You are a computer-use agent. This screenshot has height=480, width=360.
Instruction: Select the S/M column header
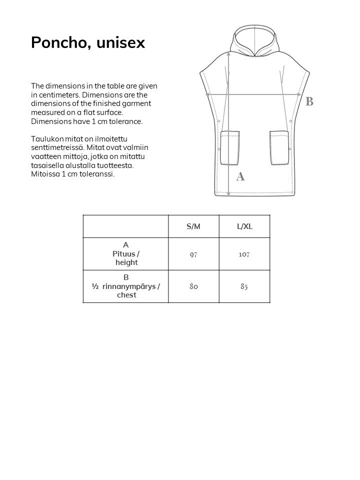click(193, 226)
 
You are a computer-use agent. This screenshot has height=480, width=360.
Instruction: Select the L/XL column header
click(244, 226)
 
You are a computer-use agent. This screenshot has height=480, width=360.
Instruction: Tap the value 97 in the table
click(193, 254)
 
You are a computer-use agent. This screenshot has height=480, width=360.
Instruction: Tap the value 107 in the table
click(244, 254)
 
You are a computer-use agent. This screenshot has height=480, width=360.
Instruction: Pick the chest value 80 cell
click(193, 286)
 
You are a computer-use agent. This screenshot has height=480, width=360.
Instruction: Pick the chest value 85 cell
click(244, 286)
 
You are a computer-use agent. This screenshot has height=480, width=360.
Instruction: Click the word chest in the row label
click(126, 295)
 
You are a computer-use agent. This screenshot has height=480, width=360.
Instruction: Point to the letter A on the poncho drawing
click(240, 176)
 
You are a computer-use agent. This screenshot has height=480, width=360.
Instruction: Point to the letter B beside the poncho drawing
click(309, 101)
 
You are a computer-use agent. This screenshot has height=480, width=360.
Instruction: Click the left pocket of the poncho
click(230, 148)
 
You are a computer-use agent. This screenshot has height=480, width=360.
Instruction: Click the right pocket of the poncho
click(279, 148)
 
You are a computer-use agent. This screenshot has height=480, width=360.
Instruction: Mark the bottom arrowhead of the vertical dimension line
click(228, 193)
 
